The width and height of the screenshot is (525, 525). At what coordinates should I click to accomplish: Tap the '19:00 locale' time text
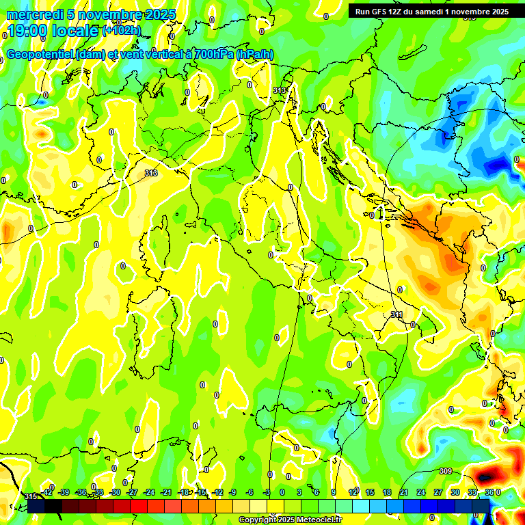52,31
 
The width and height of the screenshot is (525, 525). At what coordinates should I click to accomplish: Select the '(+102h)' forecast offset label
122,30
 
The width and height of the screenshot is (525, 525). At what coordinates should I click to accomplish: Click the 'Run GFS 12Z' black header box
429,11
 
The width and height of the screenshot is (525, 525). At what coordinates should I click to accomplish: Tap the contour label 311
396,314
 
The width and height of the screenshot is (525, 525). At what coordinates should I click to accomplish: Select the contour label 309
445,471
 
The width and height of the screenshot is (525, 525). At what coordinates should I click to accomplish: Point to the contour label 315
30,496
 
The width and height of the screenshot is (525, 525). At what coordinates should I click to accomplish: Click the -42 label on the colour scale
47,492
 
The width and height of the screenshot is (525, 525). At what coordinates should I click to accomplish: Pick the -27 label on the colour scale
133,492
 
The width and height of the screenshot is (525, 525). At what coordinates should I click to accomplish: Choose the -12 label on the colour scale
217,492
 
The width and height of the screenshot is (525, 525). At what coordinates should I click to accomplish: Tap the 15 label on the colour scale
370,492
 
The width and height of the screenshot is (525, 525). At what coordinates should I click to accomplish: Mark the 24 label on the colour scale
421,492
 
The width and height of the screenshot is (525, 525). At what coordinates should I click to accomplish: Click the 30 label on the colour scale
455,492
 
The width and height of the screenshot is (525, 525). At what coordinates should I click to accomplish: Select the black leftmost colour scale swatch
37,506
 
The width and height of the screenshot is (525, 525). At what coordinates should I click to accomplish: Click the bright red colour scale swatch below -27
139,506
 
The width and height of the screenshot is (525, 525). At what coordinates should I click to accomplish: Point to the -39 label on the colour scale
65,492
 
